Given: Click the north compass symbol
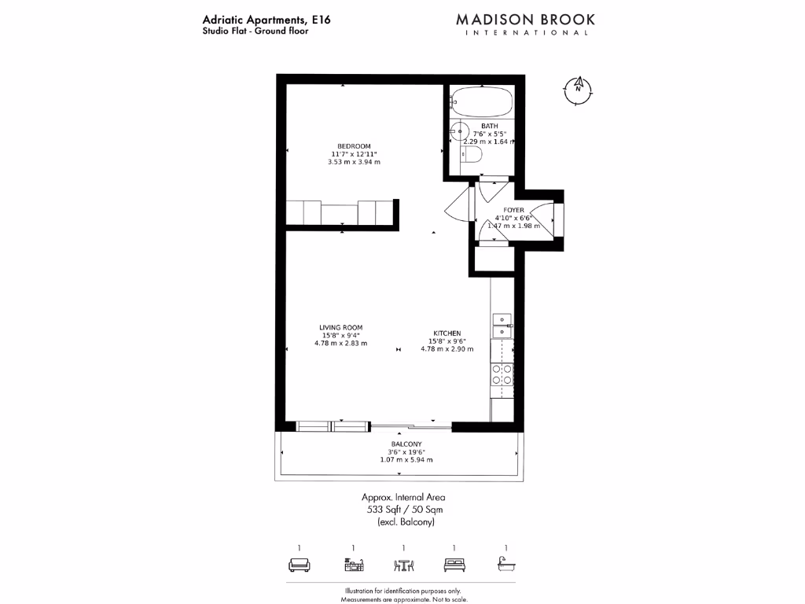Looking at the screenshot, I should pyautogui.click(x=578, y=89).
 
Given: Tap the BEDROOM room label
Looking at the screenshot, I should pyautogui.click(x=354, y=146).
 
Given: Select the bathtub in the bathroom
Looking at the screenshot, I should pyautogui.click(x=482, y=102).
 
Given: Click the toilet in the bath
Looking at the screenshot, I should pyautogui.click(x=472, y=156).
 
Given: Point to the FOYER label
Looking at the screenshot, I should pyautogui.click(x=514, y=210).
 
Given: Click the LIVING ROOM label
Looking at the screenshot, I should pyautogui.click(x=341, y=327).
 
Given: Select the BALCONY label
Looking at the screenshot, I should pyautogui.click(x=406, y=444).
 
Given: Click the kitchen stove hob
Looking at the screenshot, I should pyautogui.click(x=502, y=374).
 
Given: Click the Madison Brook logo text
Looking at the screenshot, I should pyautogui.click(x=526, y=19).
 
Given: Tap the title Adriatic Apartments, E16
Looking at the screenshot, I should pyautogui.click(x=255, y=20).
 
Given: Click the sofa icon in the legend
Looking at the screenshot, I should pyautogui.click(x=299, y=565).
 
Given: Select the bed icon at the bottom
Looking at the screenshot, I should pyautogui.click(x=454, y=565).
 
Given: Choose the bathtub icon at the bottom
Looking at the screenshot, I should pyautogui.click(x=505, y=565).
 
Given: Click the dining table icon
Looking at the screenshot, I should pyautogui.click(x=403, y=565).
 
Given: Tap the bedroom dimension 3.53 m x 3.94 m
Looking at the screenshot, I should pyautogui.click(x=354, y=162).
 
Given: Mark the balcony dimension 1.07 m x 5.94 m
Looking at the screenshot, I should pyautogui.click(x=406, y=460).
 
